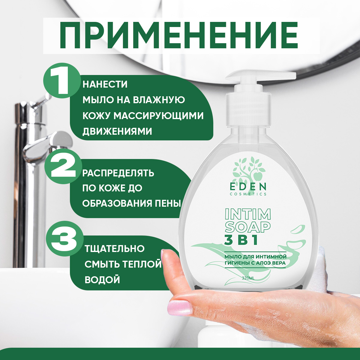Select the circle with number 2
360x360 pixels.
click(x=63, y=167)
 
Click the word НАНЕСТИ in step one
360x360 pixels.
click(x=105, y=84)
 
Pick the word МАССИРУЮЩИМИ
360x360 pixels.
click(x=159, y=116)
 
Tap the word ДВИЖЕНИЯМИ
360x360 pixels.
click(x=117, y=131)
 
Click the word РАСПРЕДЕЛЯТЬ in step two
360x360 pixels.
click(x=118, y=173)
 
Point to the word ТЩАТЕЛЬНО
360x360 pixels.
click(x=115, y=248)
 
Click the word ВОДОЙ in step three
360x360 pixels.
click(x=102, y=280)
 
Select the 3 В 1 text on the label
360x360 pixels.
click(x=241, y=240)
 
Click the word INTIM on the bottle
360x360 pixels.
click(x=247, y=214)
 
